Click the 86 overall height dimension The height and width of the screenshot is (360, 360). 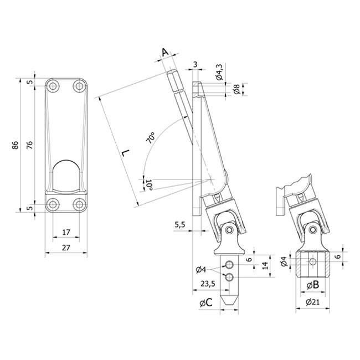click(15, 145)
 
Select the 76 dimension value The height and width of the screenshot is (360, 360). click(29, 145)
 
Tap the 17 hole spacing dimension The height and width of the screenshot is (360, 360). click(66, 233)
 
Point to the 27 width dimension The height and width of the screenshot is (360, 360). click(66, 248)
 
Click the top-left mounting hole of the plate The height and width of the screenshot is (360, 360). click(53, 86)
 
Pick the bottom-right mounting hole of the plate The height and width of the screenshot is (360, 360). click(79, 204)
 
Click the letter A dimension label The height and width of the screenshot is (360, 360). click(165, 52)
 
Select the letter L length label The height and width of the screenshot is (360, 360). click(126, 153)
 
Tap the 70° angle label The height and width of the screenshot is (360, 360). click(151, 138)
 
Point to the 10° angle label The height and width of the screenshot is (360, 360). click(149, 186)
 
